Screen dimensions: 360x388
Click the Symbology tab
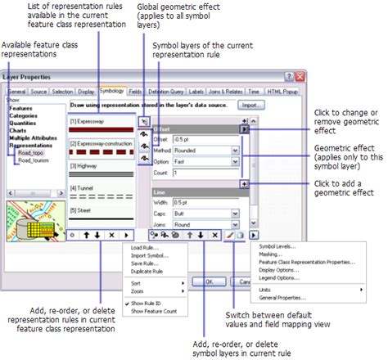pos(112,92)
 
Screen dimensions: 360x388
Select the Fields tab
pos(136,92)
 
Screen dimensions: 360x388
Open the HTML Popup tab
pos(282,92)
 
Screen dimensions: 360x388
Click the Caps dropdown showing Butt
pos(235,214)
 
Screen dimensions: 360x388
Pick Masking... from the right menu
pos(271,254)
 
